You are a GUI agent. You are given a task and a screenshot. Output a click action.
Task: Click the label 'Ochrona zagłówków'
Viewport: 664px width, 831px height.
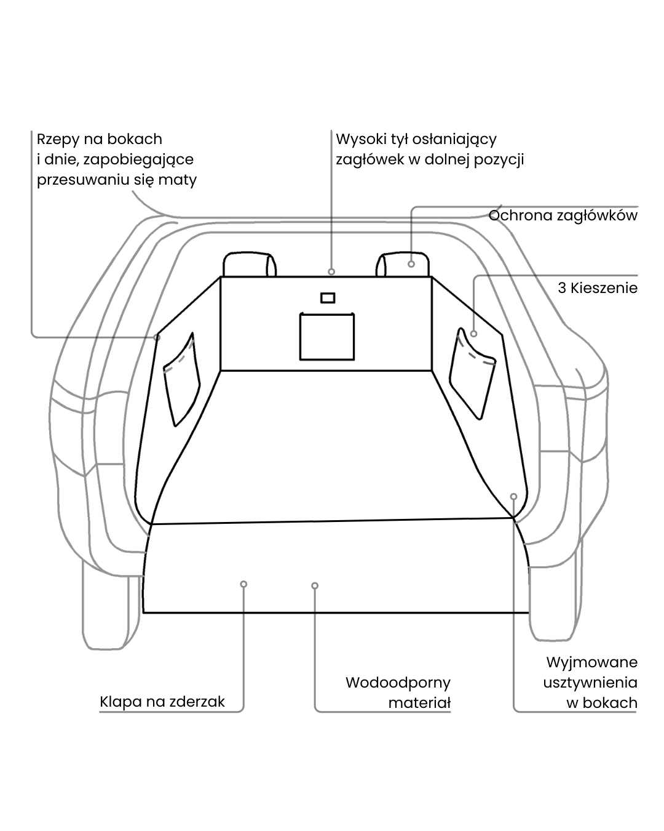563,215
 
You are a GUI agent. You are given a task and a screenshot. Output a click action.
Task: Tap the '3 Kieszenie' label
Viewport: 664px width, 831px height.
598,288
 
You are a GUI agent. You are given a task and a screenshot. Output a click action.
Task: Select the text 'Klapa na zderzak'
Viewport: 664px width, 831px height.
162,702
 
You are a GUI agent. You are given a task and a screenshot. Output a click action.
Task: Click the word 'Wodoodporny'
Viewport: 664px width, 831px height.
398,683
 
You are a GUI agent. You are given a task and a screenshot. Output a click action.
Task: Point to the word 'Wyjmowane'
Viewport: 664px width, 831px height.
591,663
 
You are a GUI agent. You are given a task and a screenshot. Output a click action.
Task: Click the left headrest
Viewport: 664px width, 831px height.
249,265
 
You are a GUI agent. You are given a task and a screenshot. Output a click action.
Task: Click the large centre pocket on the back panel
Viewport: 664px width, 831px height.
327,336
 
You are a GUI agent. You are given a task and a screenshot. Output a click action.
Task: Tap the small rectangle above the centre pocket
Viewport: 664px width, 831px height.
328,298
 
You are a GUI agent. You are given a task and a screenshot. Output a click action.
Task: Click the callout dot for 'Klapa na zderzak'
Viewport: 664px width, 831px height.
244,584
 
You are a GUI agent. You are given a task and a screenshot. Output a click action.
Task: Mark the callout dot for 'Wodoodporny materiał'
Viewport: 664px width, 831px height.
315,585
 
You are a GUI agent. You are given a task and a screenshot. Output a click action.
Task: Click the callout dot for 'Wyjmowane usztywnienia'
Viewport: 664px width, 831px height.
514,496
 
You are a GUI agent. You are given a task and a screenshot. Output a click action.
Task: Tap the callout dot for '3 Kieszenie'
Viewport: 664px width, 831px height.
474,334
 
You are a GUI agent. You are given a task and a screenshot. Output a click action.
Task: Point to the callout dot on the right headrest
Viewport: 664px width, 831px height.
411,264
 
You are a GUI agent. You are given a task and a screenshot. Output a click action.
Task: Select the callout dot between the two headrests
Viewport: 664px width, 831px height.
331,271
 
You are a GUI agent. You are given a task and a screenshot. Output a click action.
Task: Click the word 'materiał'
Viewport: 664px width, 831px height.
419,703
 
